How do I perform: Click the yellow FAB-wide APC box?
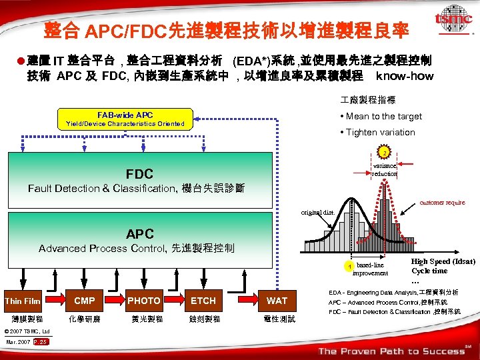click(x=125, y=119)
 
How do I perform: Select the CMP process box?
click(x=85, y=301)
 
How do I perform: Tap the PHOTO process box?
click(x=144, y=301)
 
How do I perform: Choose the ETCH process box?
click(x=203, y=301)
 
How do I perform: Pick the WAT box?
click(x=277, y=301)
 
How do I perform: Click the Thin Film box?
click(x=23, y=301)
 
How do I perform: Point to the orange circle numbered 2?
click(x=384, y=151)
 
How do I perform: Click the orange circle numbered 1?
click(x=348, y=267)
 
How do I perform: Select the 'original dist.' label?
click(x=317, y=213)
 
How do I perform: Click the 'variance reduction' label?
click(x=384, y=169)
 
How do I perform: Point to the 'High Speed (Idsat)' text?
click(x=443, y=261)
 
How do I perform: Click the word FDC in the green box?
click(x=139, y=174)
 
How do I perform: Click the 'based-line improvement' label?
click(x=369, y=269)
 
